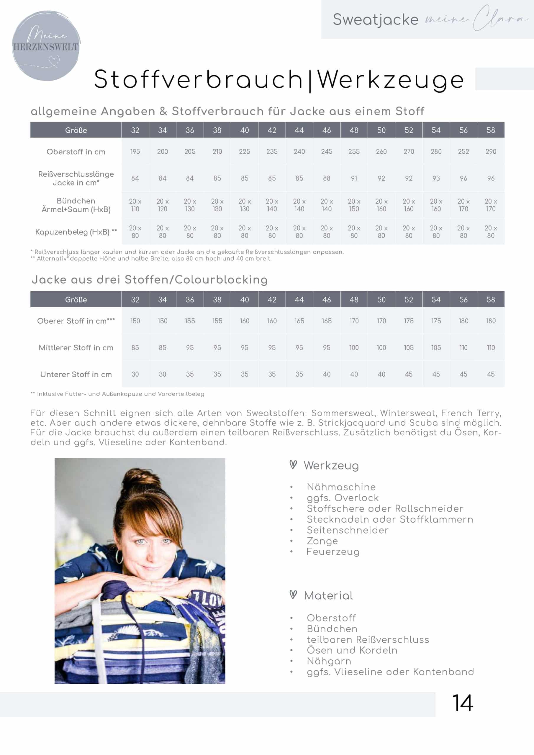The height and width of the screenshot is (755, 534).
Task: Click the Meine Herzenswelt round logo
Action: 46,46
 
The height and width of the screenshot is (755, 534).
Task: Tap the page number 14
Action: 462,703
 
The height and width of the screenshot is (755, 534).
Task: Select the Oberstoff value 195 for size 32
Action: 135,152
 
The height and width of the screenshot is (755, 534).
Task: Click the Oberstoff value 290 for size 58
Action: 491,152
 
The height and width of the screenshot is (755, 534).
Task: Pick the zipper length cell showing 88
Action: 326,178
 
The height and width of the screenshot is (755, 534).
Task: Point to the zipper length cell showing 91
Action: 354,178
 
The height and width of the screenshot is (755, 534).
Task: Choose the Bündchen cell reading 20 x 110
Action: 135,205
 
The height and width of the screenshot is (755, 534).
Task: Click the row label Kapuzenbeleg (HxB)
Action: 76,232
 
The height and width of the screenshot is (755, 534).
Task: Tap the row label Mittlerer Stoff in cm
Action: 76,348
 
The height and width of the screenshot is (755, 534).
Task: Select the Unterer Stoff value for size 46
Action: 326,374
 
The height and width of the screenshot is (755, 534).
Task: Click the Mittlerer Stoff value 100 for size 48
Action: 354,348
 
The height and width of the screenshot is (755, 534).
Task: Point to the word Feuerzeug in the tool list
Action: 332,552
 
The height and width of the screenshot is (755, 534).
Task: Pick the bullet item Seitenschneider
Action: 348,530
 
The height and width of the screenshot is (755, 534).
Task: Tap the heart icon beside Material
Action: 293,595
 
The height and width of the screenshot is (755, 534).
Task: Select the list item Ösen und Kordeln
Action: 352,650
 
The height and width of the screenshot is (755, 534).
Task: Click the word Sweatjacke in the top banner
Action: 375,19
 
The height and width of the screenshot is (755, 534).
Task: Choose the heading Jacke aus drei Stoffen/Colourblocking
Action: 150,280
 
